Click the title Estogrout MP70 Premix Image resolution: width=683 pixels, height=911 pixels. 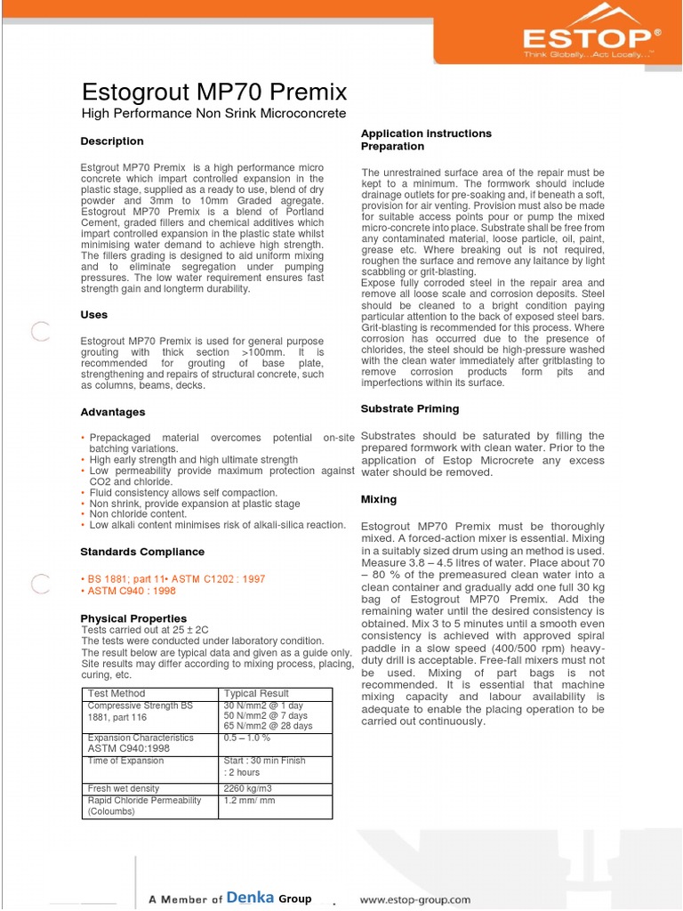pyautogui.click(x=214, y=92)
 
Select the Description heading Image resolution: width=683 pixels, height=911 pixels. pyautogui.click(x=112, y=141)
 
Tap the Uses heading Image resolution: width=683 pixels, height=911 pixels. pyautogui.click(x=94, y=315)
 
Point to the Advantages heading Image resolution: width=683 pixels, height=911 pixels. pyautogui.click(x=113, y=413)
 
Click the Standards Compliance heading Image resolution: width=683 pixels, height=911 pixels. pyautogui.click(x=142, y=552)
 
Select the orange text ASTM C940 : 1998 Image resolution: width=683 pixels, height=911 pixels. pyautogui.click(x=131, y=591)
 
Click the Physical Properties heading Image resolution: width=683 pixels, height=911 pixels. pyautogui.click(x=133, y=618)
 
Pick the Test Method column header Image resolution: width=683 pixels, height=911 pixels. pyautogui.click(x=117, y=693)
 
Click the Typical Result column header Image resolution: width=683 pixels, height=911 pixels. pyautogui.click(x=256, y=693)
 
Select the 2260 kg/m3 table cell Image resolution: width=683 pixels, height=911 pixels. pyautogui.click(x=248, y=788)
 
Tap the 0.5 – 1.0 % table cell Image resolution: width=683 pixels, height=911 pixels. pyautogui.click(x=247, y=738)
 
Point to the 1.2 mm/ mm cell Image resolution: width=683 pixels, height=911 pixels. pyautogui.click(x=250, y=801)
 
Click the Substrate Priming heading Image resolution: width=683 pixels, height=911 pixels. pyautogui.click(x=410, y=409)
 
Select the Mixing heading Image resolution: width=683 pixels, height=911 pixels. pyautogui.click(x=379, y=500)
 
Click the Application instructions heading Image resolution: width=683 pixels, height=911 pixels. pyautogui.click(x=426, y=133)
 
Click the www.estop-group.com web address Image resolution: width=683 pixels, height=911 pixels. pyautogui.click(x=414, y=899)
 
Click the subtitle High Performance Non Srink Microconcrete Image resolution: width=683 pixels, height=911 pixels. pyautogui.click(x=213, y=114)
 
